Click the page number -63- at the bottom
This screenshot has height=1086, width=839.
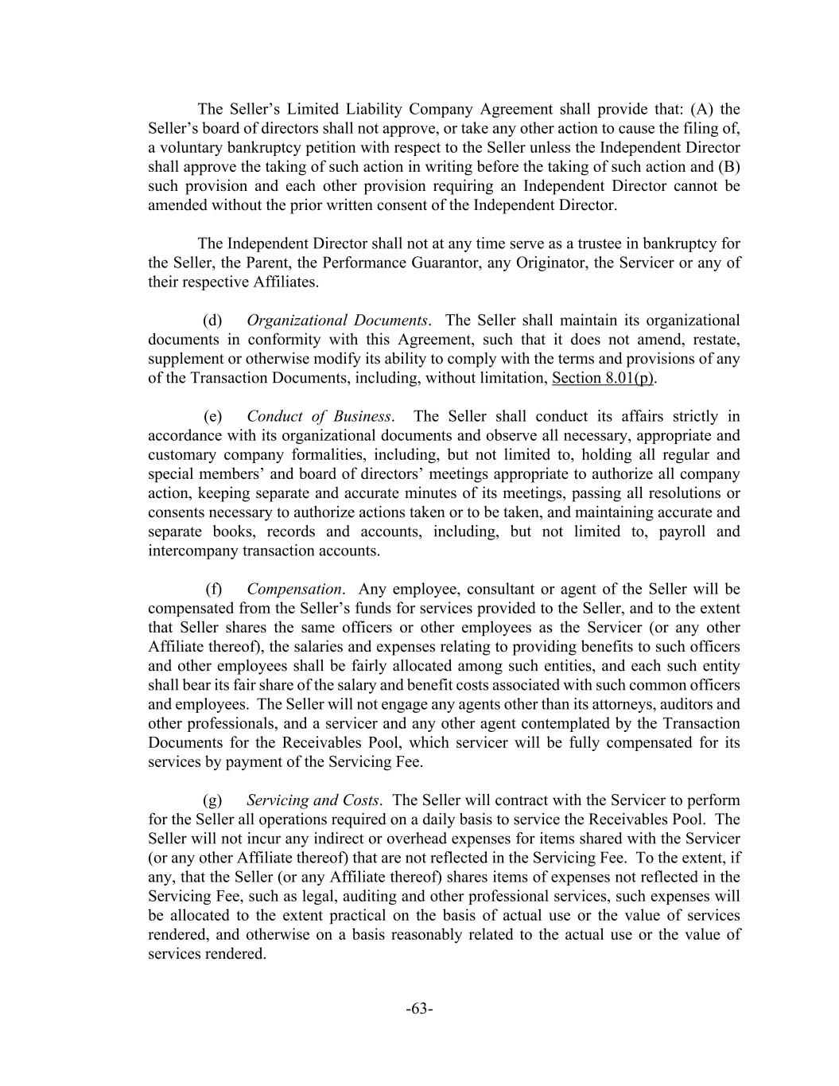click(x=419, y=1009)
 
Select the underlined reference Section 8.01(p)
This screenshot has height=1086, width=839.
click(x=604, y=378)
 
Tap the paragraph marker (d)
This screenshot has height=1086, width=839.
click(x=212, y=321)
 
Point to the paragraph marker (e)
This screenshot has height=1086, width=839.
click(x=212, y=416)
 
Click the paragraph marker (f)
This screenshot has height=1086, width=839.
click(x=213, y=590)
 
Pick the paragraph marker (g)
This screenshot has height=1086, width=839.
click(x=212, y=800)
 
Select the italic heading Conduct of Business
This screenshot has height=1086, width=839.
click(x=320, y=416)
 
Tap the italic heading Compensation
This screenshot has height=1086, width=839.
click(x=294, y=590)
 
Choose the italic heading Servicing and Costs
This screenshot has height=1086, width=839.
click(x=313, y=800)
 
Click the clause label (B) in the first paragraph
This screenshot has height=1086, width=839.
click(x=729, y=167)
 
